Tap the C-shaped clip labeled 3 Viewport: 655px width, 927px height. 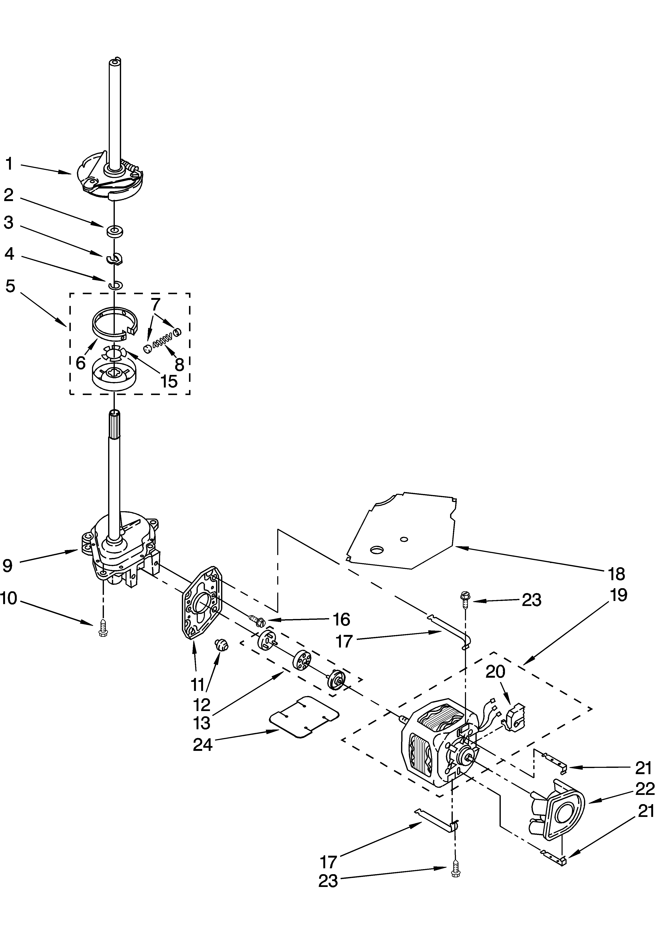click(115, 258)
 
